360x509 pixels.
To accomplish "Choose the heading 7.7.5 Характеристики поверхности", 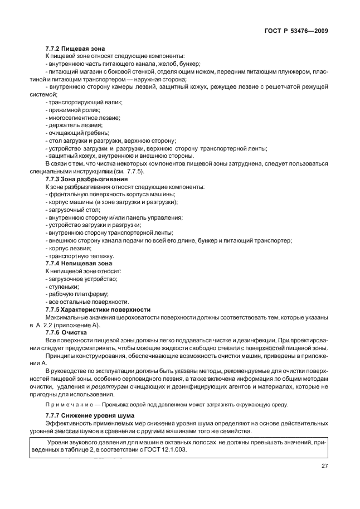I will tap(98, 309).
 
